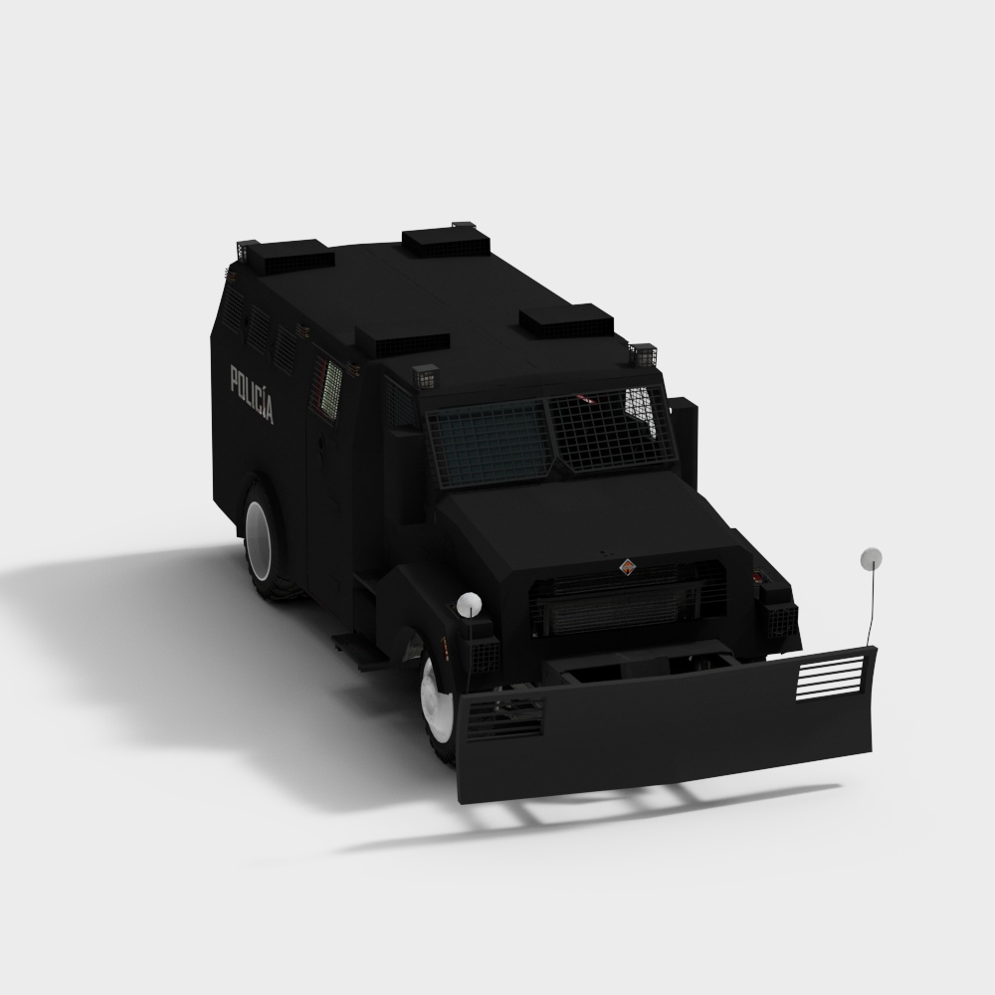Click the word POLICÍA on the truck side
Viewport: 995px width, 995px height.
coord(251,394)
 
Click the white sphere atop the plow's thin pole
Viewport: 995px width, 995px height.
coord(872,558)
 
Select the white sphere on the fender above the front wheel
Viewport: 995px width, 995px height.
coord(469,603)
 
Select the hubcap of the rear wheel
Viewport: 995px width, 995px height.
coord(262,541)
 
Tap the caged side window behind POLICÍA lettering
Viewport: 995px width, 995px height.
coord(329,389)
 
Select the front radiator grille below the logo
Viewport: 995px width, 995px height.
coord(627,602)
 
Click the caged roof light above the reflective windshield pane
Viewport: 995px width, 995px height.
coord(643,354)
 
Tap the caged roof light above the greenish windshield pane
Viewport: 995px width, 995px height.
coord(425,377)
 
